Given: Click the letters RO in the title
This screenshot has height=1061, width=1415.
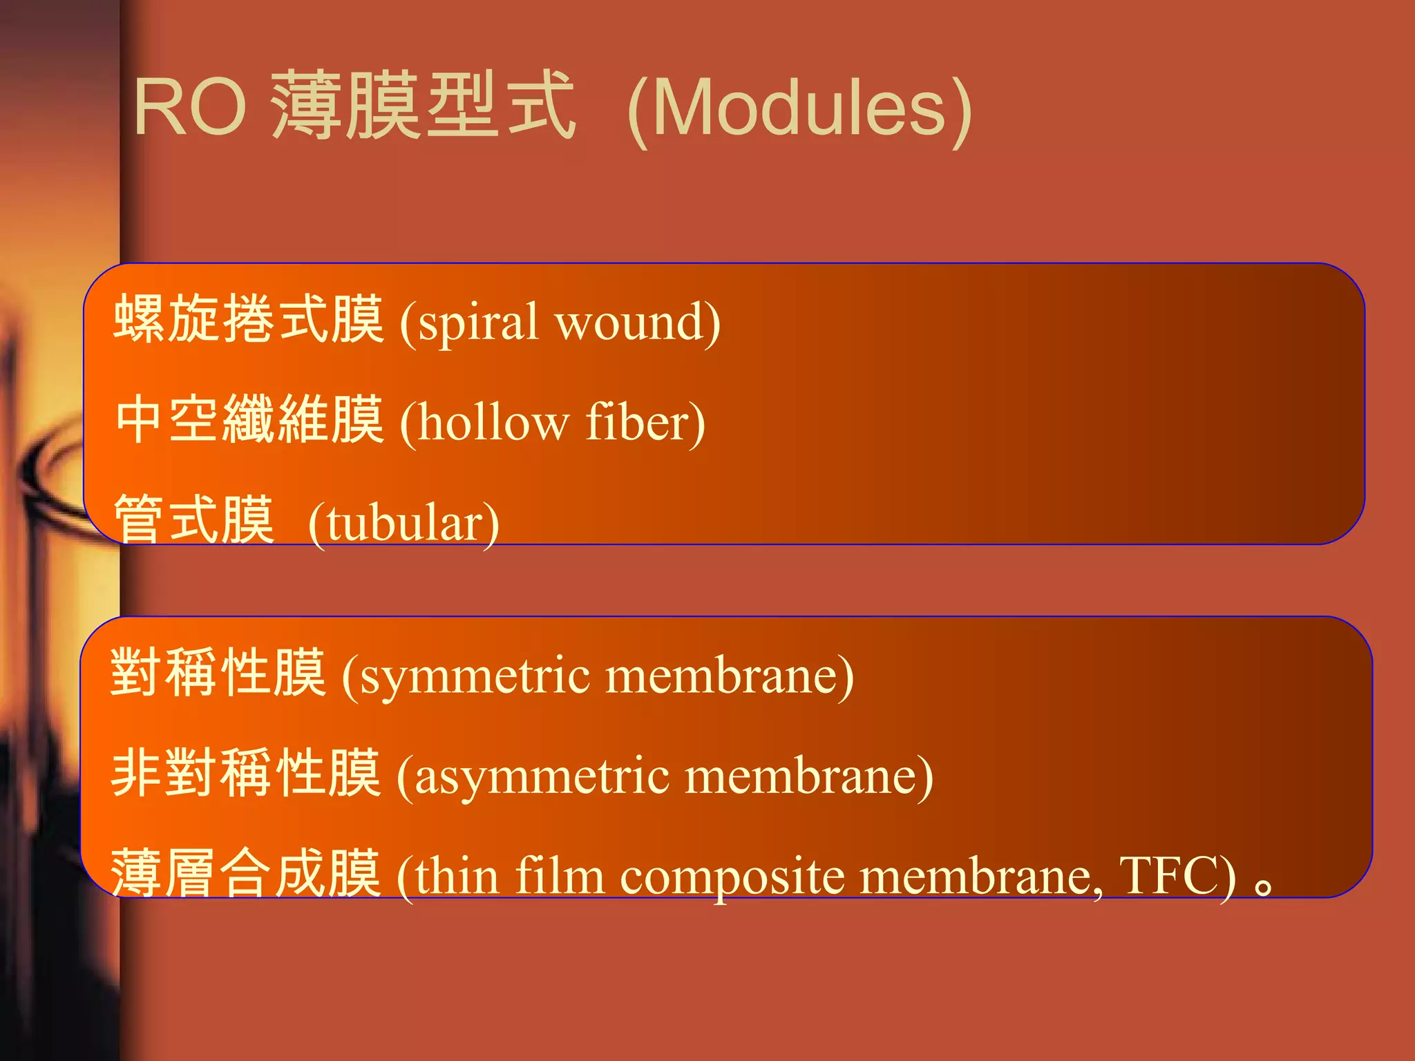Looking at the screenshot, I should click(190, 107).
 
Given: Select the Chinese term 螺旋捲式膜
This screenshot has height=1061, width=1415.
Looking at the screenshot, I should click(248, 318).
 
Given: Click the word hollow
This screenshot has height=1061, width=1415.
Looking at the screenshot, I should click(494, 422).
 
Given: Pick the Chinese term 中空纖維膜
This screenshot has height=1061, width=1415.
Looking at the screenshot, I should click(249, 420).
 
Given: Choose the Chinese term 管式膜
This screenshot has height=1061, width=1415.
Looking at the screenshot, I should click(194, 519).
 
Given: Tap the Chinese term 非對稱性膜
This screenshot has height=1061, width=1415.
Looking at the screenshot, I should click(246, 773).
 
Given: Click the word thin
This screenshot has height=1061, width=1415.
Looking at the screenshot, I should click(457, 876).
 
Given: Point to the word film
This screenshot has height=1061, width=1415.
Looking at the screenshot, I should click(560, 875).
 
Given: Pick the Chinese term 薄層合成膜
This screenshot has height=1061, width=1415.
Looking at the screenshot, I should click(246, 873).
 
